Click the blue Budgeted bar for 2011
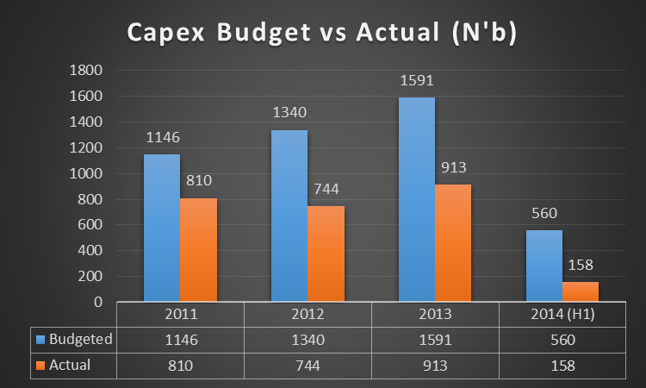(161, 228)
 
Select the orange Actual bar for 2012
(326, 254)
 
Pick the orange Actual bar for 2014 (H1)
(580, 291)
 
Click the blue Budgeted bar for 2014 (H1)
(544, 266)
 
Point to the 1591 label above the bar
(417, 84)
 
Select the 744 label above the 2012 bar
(326, 192)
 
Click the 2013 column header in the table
(435, 315)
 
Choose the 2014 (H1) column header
(562, 315)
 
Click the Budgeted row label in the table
(79, 340)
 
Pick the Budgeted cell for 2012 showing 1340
(307, 340)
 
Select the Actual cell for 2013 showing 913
(435, 365)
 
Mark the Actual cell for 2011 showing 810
(180, 365)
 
